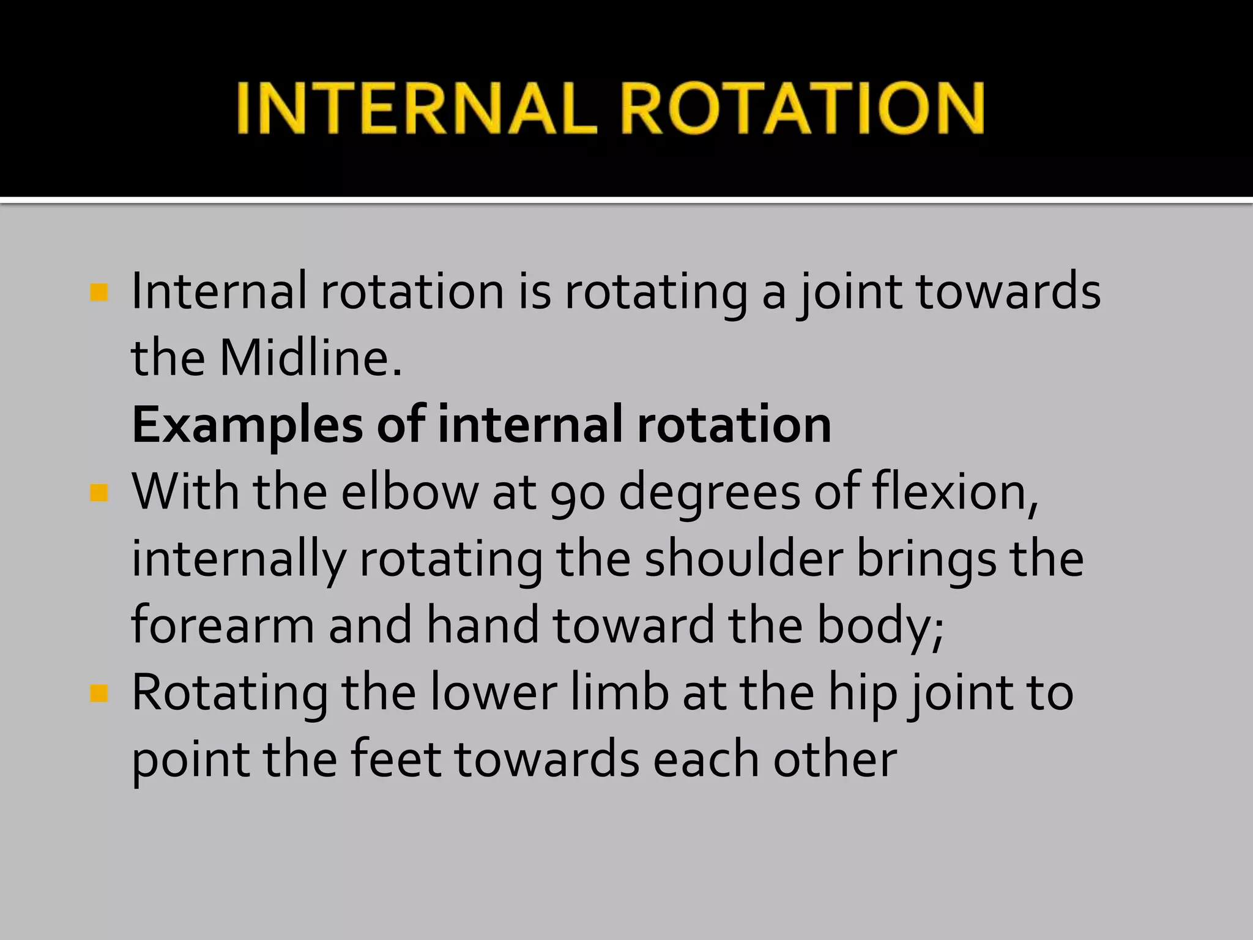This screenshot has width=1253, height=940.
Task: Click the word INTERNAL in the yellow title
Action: click(416, 109)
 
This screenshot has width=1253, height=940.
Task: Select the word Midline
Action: click(310, 358)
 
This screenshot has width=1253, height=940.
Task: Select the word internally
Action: click(239, 560)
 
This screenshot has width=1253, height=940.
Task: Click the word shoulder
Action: click(743, 559)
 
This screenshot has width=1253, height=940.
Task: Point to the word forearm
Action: click(223, 625)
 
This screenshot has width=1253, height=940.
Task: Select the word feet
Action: click(396, 759)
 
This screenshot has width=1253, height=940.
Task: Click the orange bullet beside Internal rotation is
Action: click(99, 292)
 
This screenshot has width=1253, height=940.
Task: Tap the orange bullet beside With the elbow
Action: click(99, 492)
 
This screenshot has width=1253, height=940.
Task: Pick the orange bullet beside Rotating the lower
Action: click(99, 693)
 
